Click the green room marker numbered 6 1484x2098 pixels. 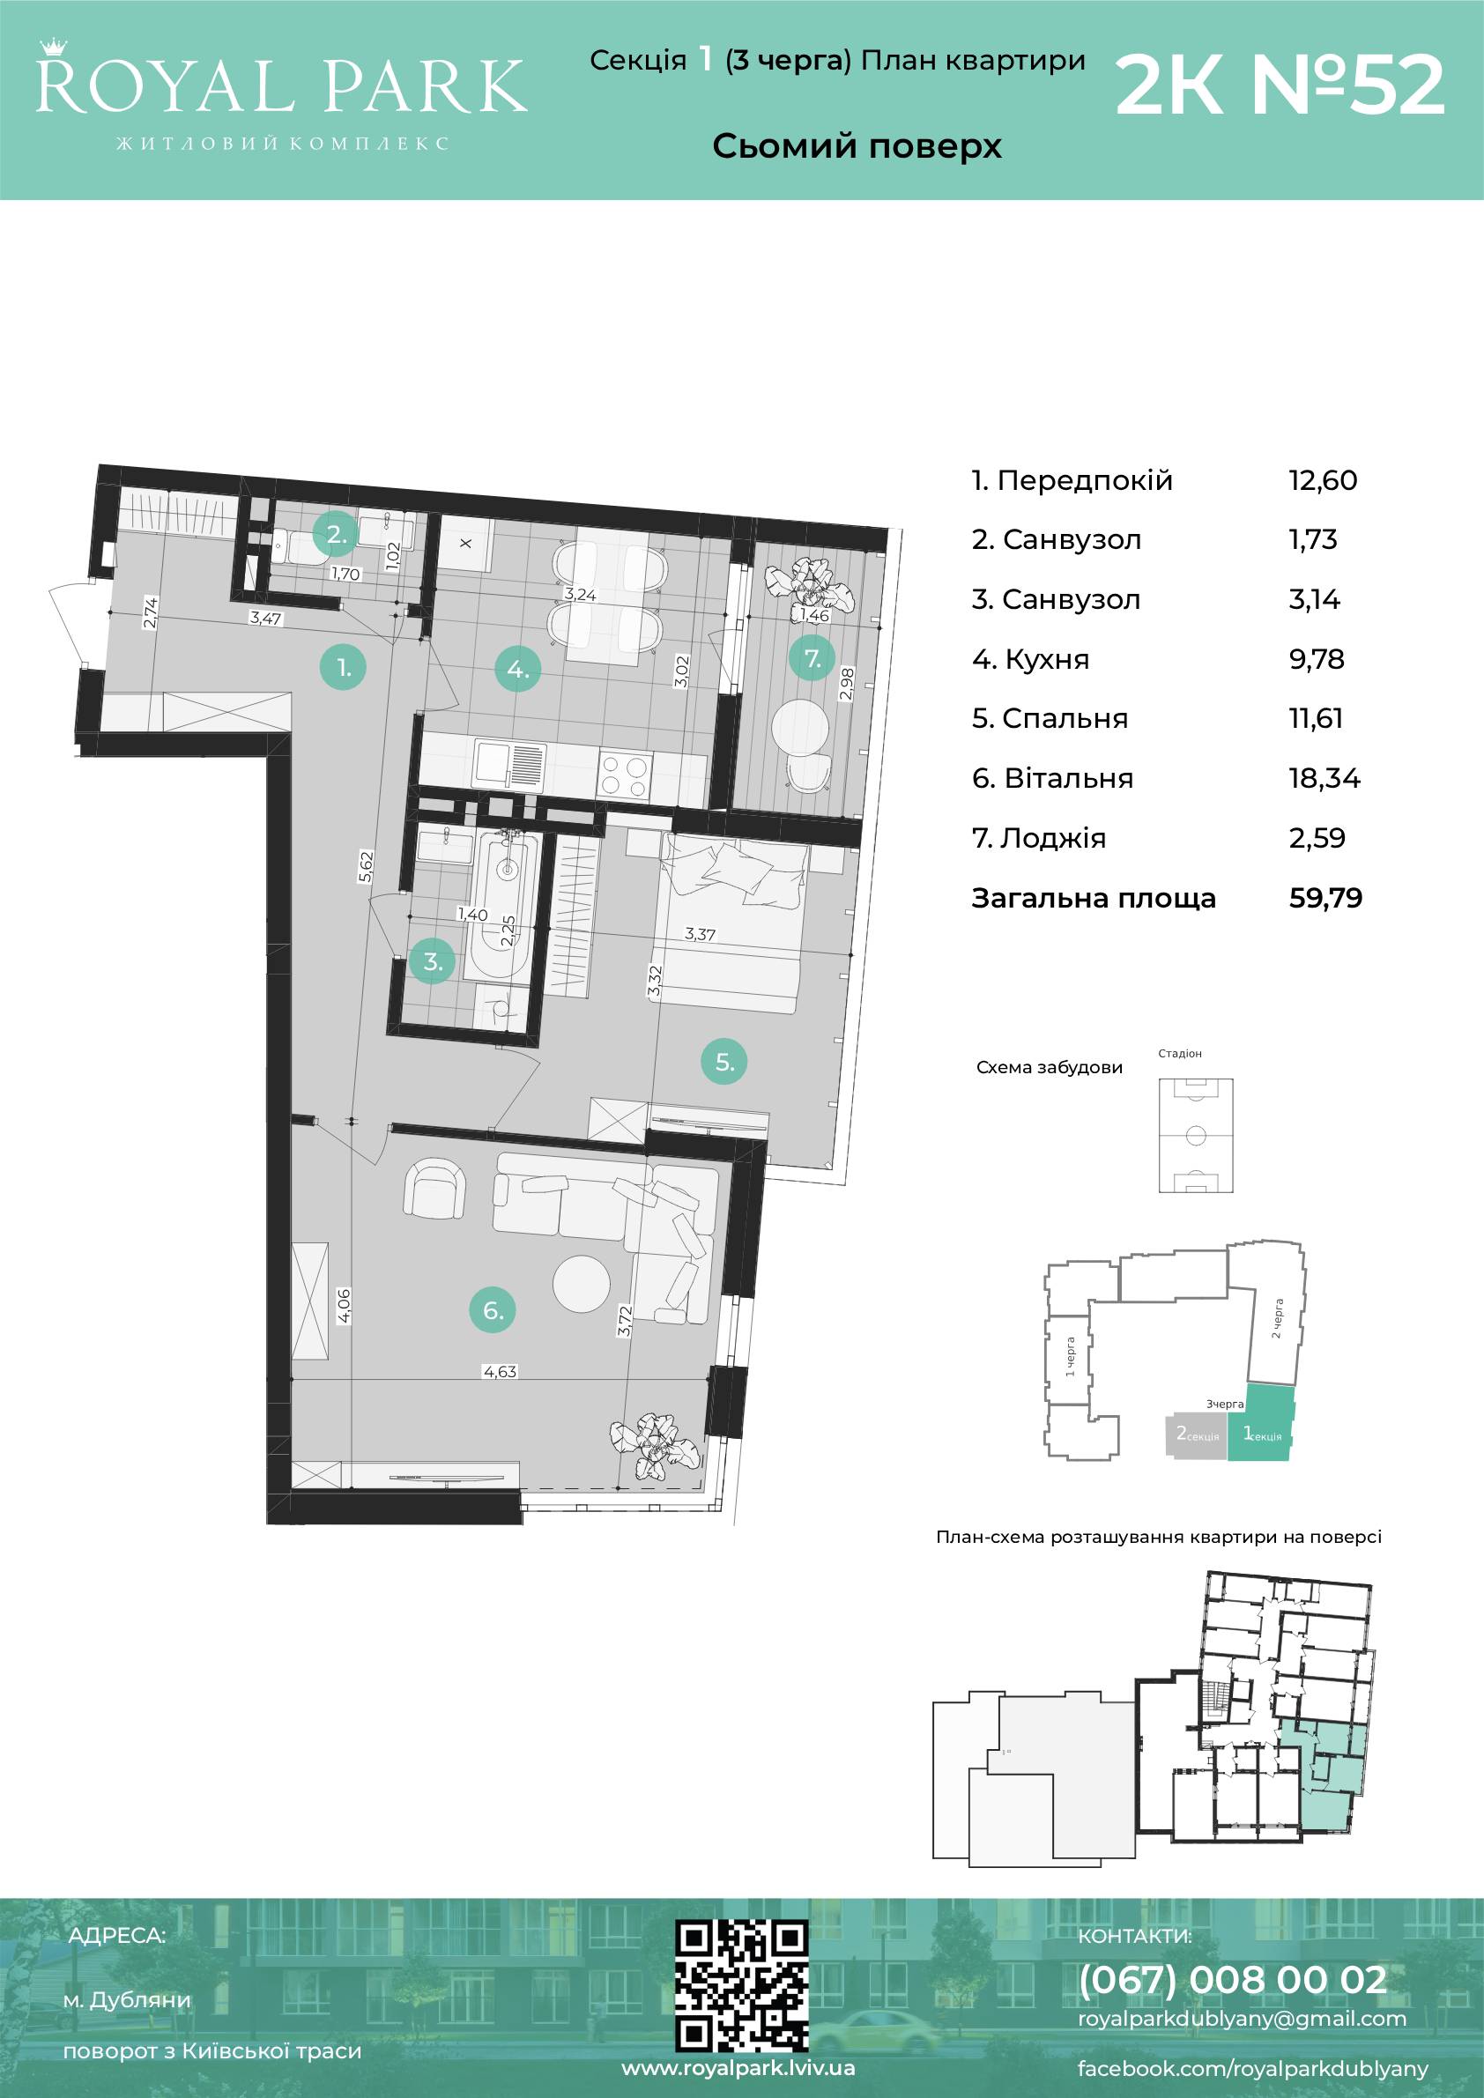tap(493, 1310)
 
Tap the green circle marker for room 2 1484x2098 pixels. tap(337, 536)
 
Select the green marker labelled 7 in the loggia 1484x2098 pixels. tap(812, 658)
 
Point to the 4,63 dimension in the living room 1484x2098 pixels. tap(500, 1372)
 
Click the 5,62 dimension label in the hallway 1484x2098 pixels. tap(367, 866)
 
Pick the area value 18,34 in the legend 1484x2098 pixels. tap(1324, 779)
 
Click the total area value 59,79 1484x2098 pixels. tap(1325, 898)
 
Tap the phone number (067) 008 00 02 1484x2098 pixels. tap(1233, 1979)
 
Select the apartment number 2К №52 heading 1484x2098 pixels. tap(1280, 85)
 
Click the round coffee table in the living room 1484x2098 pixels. tap(581, 1283)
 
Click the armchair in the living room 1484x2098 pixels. tap(435, 1189)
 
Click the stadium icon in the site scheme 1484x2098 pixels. tap(1195, 1135)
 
